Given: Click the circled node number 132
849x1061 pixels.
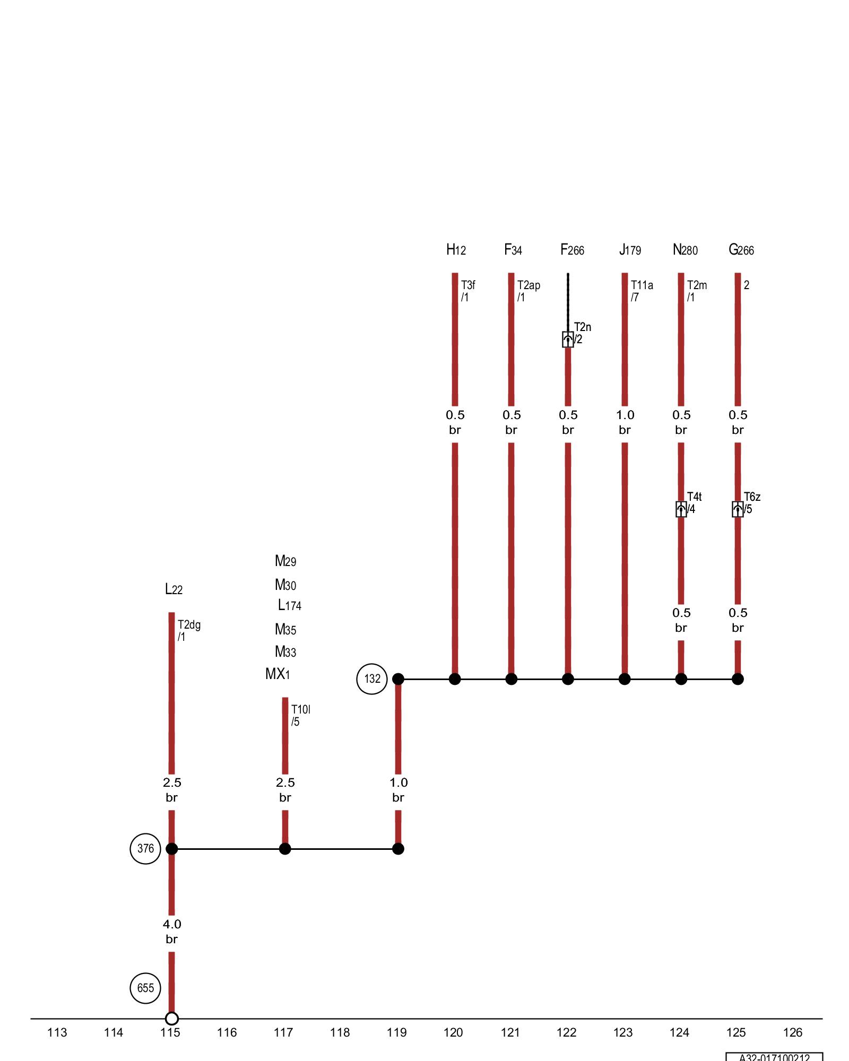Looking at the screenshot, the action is [x=372, y=679].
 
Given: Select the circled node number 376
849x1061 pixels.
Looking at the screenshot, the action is [x=145, y=848].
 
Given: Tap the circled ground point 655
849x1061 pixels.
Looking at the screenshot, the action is [x=145, y=988].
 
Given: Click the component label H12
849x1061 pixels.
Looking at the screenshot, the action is [x=456, y=250].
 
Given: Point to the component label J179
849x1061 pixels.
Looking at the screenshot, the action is [x=630, y=250].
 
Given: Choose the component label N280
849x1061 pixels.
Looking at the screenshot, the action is [x=685, y=250].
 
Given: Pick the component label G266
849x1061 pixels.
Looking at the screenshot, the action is [x=741, y=250].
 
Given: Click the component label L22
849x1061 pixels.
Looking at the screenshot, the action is [x=174, y=589].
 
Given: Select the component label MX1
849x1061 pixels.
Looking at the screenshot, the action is [x=278, y=674].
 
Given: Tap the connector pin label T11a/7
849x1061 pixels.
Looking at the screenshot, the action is [x=642, y=291].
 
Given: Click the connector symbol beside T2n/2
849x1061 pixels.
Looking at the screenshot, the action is [x=568, y=340].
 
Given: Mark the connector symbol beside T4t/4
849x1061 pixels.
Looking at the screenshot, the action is [x=681, y=509].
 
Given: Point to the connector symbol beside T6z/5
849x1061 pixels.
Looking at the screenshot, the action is [x=738, y=509].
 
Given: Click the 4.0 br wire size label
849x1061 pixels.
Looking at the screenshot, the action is [x=172, y=932].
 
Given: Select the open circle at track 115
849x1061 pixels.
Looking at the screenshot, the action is [x=171, y=1019].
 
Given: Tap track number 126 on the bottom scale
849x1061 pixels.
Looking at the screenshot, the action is [x=793, y=1032].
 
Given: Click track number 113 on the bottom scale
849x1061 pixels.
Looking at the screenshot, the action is [x=57, y=1032].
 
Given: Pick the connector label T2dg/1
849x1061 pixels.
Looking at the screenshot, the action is [x=189, y=630].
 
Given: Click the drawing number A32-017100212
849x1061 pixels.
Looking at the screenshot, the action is [x=774, y=1057].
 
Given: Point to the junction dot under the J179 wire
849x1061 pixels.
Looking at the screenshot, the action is [x=625, y=679].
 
